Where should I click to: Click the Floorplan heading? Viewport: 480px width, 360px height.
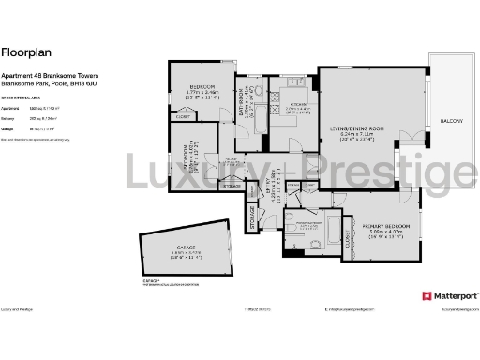click(22, 53)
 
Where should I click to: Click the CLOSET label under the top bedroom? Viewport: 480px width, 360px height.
click(184, 116)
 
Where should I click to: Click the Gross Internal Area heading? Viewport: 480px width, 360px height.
click(22, 97)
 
